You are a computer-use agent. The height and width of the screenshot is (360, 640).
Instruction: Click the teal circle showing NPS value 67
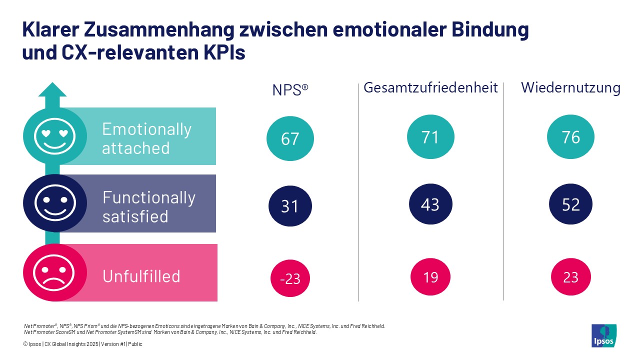(290, 138)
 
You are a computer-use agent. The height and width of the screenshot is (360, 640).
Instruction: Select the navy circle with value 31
(290, 206)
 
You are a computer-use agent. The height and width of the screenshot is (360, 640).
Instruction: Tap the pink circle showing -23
(290, 278)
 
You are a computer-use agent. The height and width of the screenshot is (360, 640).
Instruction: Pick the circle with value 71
(430, 137)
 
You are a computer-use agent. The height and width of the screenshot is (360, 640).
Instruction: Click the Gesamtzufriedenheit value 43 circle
(430, 204)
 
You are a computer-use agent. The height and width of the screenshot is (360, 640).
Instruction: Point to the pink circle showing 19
(430, 276)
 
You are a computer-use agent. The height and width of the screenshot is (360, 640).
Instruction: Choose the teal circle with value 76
(571, 137)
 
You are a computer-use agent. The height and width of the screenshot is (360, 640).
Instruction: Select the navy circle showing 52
(571, 204)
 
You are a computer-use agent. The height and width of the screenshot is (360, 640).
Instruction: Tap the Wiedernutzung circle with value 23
(571, 276)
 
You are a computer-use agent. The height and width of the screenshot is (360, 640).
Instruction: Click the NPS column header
(290, 89)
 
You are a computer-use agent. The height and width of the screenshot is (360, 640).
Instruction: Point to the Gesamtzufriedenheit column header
(430, 88)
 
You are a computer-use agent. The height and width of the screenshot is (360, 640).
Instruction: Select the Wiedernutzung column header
(570, 88)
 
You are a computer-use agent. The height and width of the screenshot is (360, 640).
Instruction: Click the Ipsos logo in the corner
(604, 335)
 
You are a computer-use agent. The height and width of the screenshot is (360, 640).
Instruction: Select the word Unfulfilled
(141, 276)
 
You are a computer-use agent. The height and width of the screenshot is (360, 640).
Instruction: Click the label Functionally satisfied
(148, 207)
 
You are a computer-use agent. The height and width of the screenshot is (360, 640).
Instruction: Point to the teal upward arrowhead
(52, 90)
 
